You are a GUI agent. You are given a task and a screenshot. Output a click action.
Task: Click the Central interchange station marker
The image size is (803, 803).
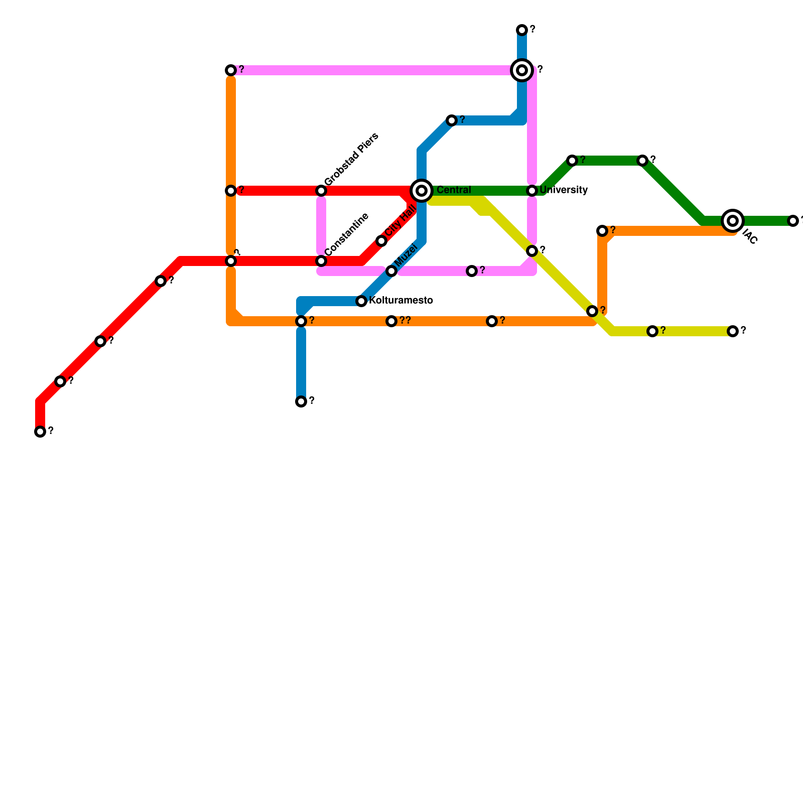point(422,191)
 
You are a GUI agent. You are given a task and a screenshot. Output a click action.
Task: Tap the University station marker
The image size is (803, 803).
point(532,191)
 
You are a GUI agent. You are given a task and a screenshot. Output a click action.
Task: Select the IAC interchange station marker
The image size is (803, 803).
point(733,220)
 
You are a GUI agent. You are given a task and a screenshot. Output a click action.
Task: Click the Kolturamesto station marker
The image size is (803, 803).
point(361,301)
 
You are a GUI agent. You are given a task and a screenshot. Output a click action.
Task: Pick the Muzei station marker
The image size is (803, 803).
point(391,271)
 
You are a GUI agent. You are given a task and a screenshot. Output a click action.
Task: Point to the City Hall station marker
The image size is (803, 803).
point(381,241)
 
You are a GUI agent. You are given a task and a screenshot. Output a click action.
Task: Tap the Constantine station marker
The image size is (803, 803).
point(321,261)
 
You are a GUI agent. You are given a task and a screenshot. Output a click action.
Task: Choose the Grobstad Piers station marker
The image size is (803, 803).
point(321,191)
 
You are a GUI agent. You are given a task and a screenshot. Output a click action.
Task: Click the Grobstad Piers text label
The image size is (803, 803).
point(351,160)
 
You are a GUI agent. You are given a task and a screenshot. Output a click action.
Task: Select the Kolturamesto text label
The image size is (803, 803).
point(400,301)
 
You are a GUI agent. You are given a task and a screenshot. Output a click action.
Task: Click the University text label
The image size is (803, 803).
point(564,190)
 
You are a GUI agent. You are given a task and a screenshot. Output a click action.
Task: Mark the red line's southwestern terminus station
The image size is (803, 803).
point(40,432)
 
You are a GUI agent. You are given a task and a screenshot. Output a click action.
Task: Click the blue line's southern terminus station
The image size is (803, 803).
point(301,401)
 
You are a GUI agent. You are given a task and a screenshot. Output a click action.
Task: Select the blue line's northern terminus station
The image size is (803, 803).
point(522,30)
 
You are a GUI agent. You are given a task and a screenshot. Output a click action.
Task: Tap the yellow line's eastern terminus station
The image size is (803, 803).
point(733,331)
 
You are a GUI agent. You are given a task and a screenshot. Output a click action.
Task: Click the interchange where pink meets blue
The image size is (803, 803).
point(522,70)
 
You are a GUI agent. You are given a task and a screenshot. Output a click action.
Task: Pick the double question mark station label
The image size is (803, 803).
point(406,321)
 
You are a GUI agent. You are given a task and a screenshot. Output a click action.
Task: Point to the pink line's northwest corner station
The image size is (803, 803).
point(231,70)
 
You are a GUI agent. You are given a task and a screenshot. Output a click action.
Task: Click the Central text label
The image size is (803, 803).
point(454,190)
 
